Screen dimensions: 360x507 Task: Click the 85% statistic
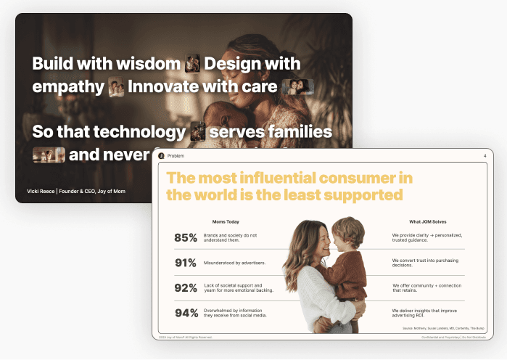[x=186, y=237]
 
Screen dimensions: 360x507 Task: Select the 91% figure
[x=186, y=263]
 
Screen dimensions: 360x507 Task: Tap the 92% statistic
[x=186, y=288]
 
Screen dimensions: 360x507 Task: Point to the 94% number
[x=186, y=314]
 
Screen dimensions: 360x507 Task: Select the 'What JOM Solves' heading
[x=425, y=221]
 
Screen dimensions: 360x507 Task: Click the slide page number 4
[x=485, y=156]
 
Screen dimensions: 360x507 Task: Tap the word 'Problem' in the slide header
[x=176, y=156]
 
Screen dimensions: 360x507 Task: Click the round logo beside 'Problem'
[x=161, y=156]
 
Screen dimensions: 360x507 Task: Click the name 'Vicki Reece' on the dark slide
[x=41, y=192]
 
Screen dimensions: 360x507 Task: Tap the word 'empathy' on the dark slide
[x=68, y=87]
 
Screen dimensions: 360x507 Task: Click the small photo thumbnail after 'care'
[x=297, y=87]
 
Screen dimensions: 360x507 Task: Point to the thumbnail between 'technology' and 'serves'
[x=197, y=132]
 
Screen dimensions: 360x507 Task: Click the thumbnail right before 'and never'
[x=49, y=155]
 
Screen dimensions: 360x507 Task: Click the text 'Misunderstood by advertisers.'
[x=234, y=263]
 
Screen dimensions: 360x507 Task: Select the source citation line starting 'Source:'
[x=442, y=328]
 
